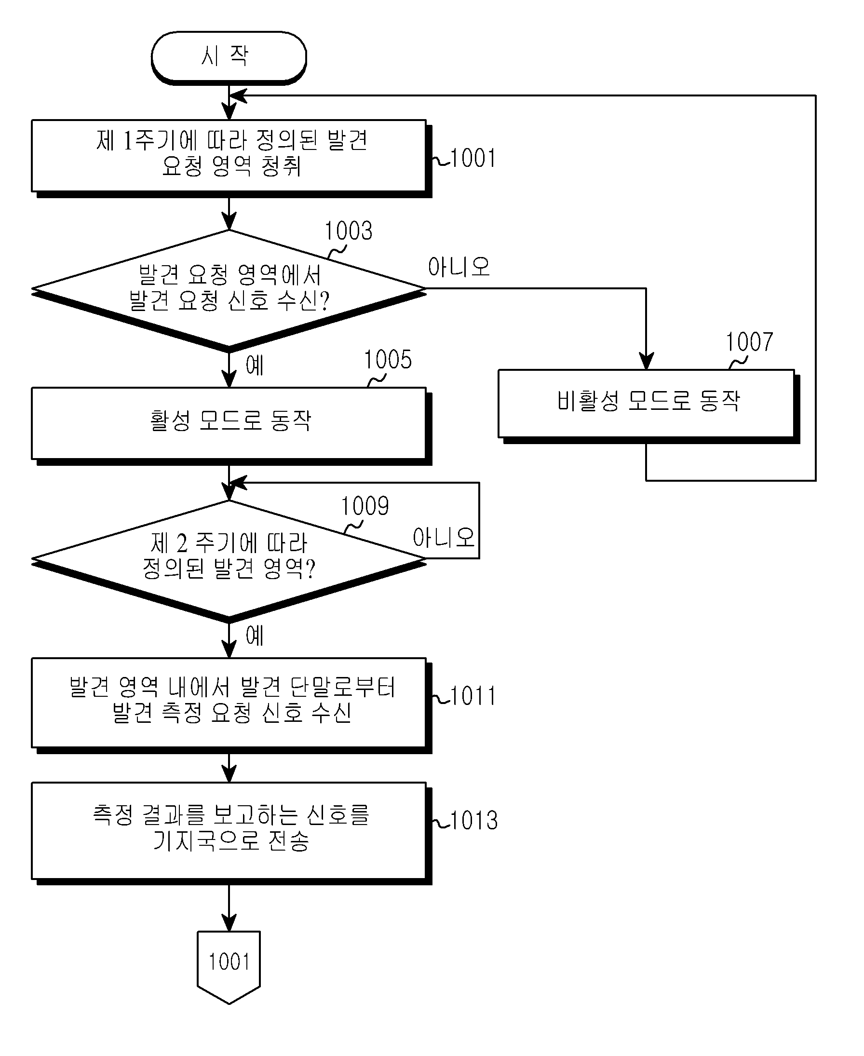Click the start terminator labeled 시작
click(229, 57)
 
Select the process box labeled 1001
click(231, 158)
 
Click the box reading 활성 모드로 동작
click(231, 425)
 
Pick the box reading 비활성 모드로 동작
click(648, 405)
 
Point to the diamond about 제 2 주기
click(229, 561)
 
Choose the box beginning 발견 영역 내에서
click(231, 704)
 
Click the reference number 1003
click(349, 231)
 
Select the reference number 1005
click(388, 359)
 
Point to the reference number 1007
click(750, 342)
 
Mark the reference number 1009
click(365, 506)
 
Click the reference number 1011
click(473, 696)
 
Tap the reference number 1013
click(474, 820)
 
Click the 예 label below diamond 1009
click(255, 636)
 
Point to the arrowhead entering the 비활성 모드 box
click(646, 361)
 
